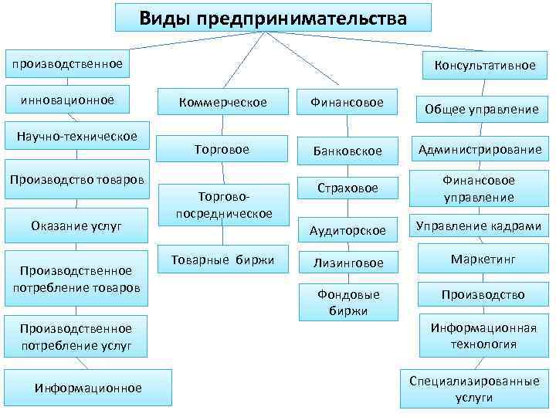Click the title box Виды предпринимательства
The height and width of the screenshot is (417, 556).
273,17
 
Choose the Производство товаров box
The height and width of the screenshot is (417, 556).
76,180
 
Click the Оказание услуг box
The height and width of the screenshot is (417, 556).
76,225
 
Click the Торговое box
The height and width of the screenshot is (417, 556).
223,149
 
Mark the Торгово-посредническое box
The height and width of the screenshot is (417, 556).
223,205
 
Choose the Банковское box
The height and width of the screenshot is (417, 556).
347,151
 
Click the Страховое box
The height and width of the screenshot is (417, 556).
348,188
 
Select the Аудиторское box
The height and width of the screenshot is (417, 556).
347,230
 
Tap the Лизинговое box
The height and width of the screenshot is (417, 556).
347,263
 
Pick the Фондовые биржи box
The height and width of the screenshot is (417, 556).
347,302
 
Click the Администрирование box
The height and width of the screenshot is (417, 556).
480,149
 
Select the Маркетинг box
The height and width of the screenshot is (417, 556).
484,259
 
